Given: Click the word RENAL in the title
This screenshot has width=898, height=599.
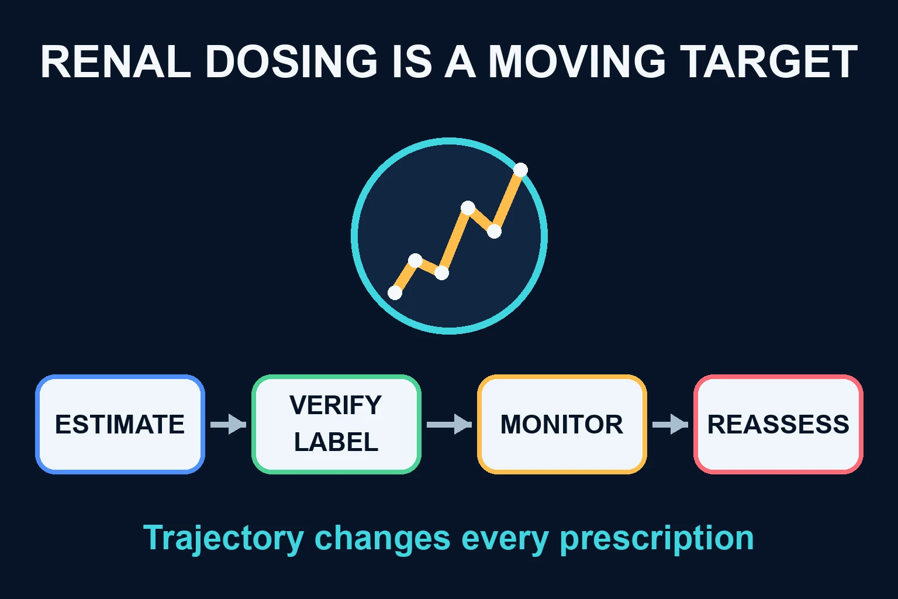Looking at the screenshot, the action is click(115, 61).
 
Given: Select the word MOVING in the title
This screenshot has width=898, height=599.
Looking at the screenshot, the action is click(576, 61).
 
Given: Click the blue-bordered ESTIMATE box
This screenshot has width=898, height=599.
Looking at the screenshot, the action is click(120, 425).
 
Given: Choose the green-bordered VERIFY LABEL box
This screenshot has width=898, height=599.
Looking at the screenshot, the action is click(336, 425).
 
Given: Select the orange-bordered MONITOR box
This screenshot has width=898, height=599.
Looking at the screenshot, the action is click(562, 425).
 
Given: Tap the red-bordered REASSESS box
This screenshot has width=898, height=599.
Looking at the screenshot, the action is click(779, 425).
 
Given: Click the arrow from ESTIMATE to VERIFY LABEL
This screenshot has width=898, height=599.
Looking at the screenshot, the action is click(228, 425).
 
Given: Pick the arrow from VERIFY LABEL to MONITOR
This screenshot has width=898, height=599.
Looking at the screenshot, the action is click(449, 425).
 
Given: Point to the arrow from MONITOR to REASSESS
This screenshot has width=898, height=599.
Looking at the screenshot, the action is click(671, 425).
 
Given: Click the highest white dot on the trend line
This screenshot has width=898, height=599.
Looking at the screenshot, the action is click(520, 170).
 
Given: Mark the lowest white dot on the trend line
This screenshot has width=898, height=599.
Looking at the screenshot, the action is click(395, 292).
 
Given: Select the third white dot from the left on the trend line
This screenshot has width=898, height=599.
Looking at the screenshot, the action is click(441, 273).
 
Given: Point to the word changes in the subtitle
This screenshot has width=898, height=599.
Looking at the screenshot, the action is click(382, 538).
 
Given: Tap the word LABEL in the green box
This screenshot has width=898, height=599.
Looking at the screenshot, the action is click(336, 442).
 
